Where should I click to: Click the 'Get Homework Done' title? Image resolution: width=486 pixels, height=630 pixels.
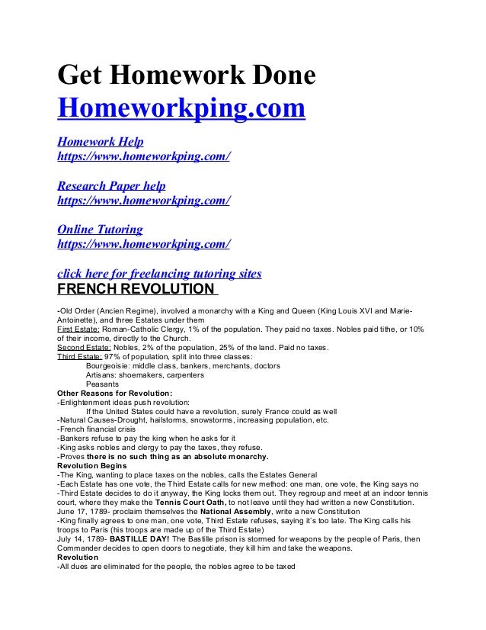(x=187, y=77)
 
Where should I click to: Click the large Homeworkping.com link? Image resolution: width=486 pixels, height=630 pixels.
(x=181, y=108)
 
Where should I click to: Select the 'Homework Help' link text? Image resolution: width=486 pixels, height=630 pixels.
(x=101, y=143)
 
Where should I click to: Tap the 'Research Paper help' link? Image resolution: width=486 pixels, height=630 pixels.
(x=111, y=186)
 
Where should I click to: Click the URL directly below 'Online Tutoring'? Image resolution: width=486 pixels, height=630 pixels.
(x=144, y=244)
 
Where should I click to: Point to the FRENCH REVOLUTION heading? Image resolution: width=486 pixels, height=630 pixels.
(x=136, y=290)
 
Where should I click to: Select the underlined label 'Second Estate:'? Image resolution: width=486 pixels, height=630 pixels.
(x=84, y=348)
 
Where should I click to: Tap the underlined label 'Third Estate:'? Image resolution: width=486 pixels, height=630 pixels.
(x=79, y=357)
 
